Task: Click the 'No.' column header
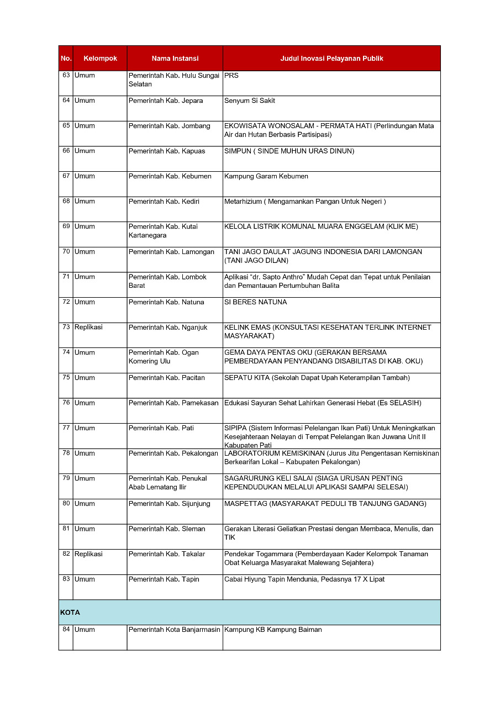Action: point(66,59)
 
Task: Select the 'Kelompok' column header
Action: point(100,59)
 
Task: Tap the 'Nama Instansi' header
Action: point(175,59)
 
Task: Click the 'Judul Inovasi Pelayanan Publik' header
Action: point(331,59)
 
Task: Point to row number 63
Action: point(66,76)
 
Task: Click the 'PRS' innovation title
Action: point(231,76)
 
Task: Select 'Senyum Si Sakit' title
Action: point(249,101)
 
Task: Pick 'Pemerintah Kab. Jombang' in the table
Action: point(169,126)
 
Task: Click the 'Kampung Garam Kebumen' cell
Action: point(266,176)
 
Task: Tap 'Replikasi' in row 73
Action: point(88,327)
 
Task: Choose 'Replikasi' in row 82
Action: point(88,554)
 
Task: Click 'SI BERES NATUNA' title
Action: point(255,302)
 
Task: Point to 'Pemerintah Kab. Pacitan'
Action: point(166,378)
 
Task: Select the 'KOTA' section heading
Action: point(70,613)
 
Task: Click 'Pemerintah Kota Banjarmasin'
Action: point(174,630)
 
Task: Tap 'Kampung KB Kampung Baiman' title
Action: point(273,630)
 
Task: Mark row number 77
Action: point(66,428)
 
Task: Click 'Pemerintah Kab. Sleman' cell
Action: point(166,529)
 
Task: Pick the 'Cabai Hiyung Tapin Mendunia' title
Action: point(304,579)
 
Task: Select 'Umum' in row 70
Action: point(85,252)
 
